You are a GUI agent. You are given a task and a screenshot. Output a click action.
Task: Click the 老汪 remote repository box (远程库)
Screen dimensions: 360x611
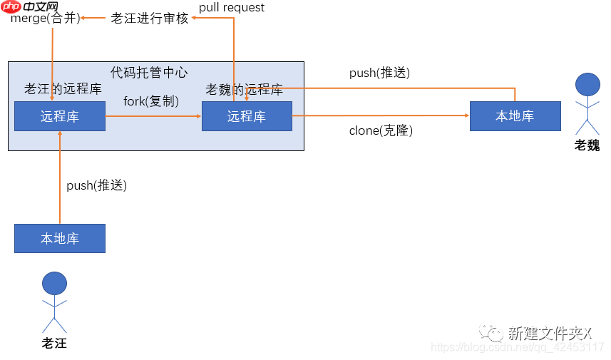click(x=60, y=116)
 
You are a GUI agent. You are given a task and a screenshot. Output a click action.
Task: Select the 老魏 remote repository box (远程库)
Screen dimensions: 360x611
click(x=247, y=116)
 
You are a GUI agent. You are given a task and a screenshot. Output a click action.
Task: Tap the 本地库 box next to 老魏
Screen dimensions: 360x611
click(x=515, y=116)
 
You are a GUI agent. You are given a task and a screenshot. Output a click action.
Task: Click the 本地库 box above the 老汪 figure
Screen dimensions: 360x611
click(x=60, y=238)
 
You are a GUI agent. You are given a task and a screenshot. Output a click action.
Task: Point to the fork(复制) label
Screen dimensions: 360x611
click(x=151, y=101)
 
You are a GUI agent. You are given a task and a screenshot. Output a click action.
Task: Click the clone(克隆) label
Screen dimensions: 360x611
click(x=381, y=130)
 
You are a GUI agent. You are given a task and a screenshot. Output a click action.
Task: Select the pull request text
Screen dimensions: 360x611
click(x=232, y=8)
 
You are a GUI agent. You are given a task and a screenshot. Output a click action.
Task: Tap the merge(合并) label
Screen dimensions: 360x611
click(x=45, y=19)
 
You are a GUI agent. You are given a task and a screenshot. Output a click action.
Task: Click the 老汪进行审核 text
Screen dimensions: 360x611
click(x=150, y=19)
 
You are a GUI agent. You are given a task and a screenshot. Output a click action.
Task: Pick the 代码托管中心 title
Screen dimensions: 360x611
click(x=149, y=72)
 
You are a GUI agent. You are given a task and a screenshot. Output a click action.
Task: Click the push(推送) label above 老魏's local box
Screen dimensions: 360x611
click(x=379, y=73)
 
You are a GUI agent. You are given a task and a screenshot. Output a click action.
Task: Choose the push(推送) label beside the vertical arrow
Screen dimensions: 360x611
click(x=96, y=185)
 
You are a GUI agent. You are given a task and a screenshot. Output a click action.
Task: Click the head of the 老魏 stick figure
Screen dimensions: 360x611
click(x=587, y=85)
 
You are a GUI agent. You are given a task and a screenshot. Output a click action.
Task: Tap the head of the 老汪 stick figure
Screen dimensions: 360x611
click(x=54, y=284)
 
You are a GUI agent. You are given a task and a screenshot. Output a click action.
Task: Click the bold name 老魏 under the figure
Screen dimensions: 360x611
click(x=587, y=145)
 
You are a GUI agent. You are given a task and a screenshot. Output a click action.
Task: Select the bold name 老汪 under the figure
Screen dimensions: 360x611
click(x=54, y=343)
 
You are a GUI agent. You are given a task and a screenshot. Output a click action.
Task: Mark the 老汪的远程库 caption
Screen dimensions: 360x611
click(x=63, y=89)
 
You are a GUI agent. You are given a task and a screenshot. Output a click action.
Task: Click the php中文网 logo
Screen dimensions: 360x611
click(x=29, y=8)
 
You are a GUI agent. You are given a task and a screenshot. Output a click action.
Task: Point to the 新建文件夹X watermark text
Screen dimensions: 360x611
click(x=549, y=333)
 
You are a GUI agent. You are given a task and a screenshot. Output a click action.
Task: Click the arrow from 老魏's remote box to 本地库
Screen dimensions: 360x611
click(x=381, y=115)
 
